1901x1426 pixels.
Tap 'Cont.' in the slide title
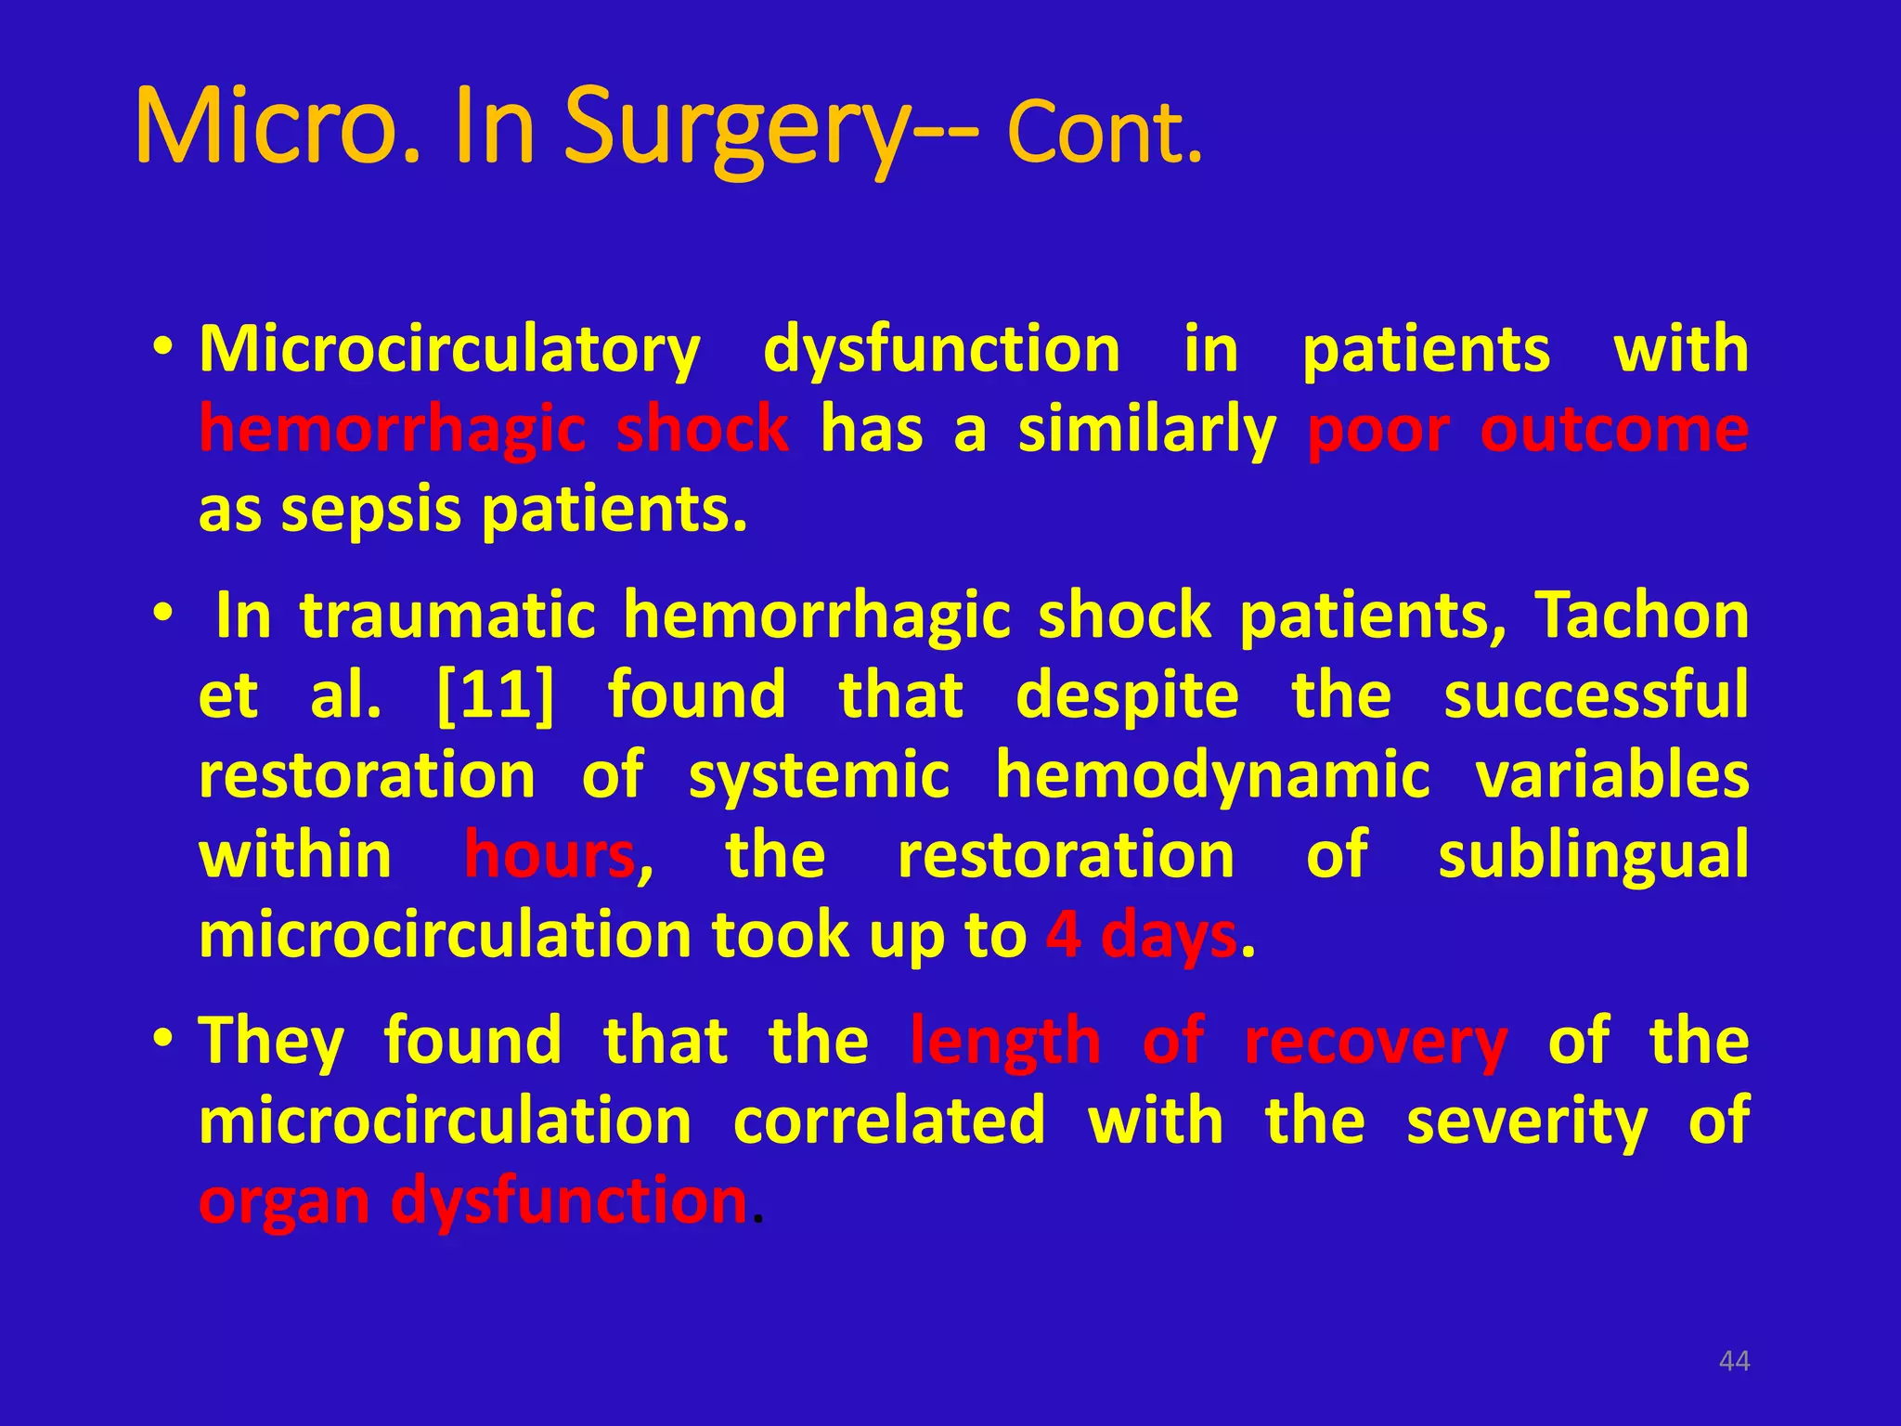1105,134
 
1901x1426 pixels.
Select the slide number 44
1734,1361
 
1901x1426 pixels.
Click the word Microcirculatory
450,351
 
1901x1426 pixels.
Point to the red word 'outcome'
1614,431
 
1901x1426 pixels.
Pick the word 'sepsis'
370,511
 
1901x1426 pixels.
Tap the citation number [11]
495,695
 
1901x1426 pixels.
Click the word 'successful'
1596,695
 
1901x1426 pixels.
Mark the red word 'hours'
550,855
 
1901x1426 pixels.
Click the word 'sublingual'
1593,855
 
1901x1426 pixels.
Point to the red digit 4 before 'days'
1063,935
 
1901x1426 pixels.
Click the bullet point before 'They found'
163,1038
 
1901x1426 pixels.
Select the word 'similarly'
1146,433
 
